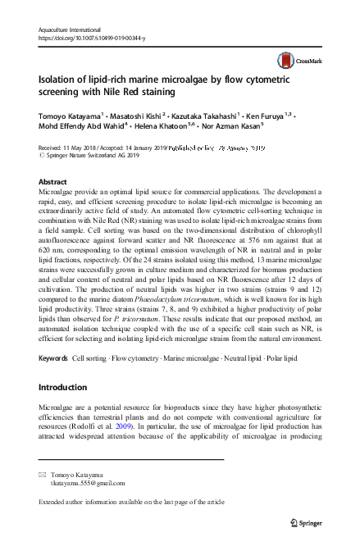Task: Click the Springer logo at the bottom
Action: pyautogui.click(x=315, y=521)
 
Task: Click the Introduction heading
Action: pyautogui.click(x=66, y=385)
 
